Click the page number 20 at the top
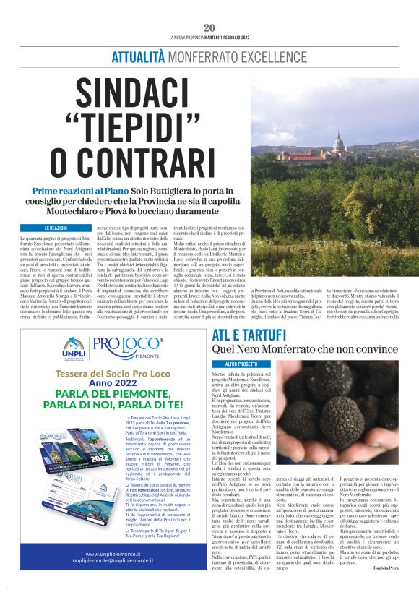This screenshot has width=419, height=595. click(x=209, y=27)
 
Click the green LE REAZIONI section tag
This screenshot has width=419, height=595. click(x=56, y=228)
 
